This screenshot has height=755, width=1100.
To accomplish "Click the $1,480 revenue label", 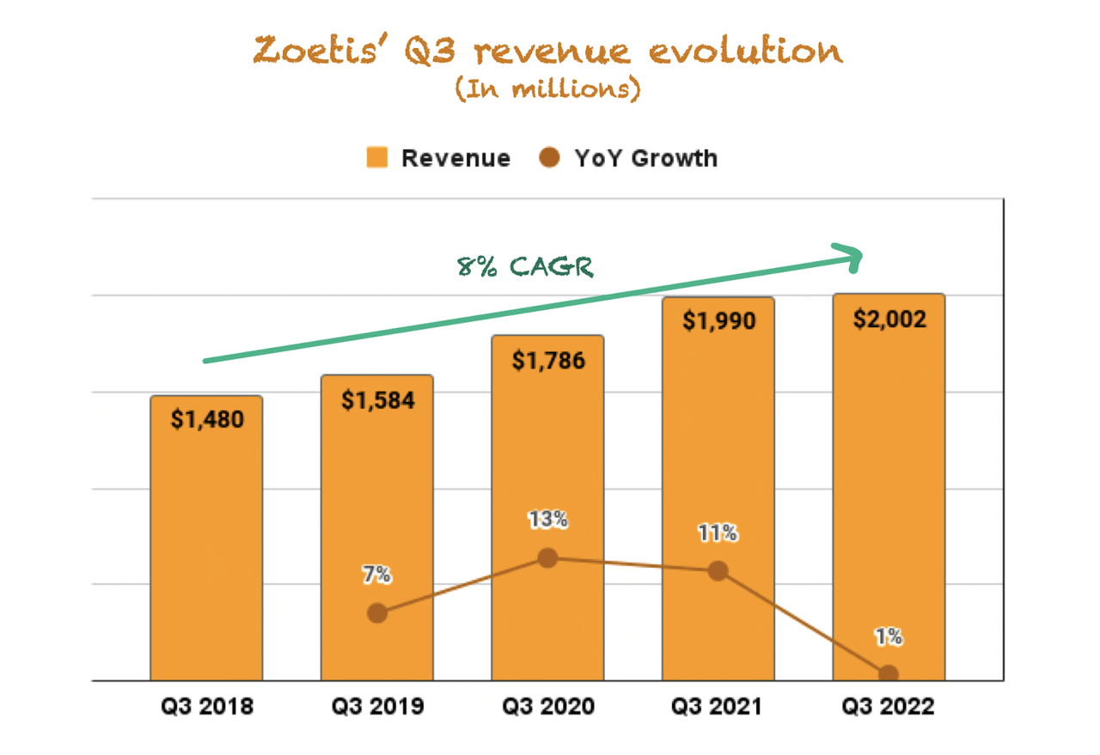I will point(206,419).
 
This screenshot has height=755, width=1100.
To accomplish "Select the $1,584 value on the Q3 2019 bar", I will point(377,399).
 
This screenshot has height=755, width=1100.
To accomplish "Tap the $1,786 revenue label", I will point(547,360).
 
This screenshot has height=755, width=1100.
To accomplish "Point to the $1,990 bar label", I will point(718,321).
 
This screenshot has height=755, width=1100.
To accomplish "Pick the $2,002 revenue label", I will point(889,320).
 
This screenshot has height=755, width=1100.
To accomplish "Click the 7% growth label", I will point(376,575).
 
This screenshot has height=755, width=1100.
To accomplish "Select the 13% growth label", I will point(547,520).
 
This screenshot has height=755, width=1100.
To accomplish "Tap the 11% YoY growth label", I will point(718,533).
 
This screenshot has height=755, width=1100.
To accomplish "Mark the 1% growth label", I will point(889,636).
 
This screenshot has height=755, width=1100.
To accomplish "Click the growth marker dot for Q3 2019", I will point(376,613).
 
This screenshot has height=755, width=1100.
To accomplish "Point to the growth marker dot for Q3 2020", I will point(547,558).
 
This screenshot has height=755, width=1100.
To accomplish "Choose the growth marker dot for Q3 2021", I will point(718,571).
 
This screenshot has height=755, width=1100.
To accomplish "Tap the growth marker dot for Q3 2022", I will point(889,674).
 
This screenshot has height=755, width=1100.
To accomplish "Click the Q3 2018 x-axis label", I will point(206,707).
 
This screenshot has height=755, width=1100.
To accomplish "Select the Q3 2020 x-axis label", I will point(547,707).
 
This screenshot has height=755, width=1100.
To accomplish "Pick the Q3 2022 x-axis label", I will point(889,707).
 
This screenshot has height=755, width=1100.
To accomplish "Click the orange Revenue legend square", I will point(376,158).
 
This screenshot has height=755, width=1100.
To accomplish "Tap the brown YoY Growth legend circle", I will point(550,158).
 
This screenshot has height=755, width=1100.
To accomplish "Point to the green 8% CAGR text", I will point(525,266).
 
